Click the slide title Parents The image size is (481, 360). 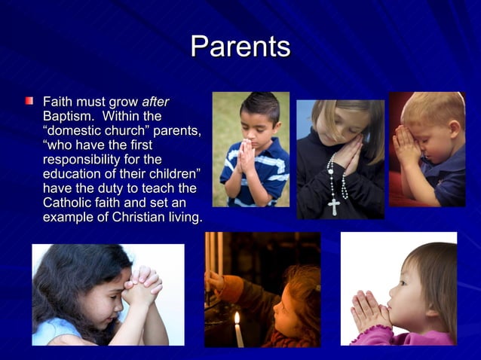pos(240,47)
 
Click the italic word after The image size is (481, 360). pos(156,101)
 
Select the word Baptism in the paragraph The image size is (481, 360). pos(68,116)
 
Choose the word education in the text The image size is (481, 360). pos(73,174)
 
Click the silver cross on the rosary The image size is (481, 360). pos(333,206)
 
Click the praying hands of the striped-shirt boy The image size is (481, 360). pos(247,156)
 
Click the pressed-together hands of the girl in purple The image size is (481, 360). pos(369,311)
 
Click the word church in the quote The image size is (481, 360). pos(123,130)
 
